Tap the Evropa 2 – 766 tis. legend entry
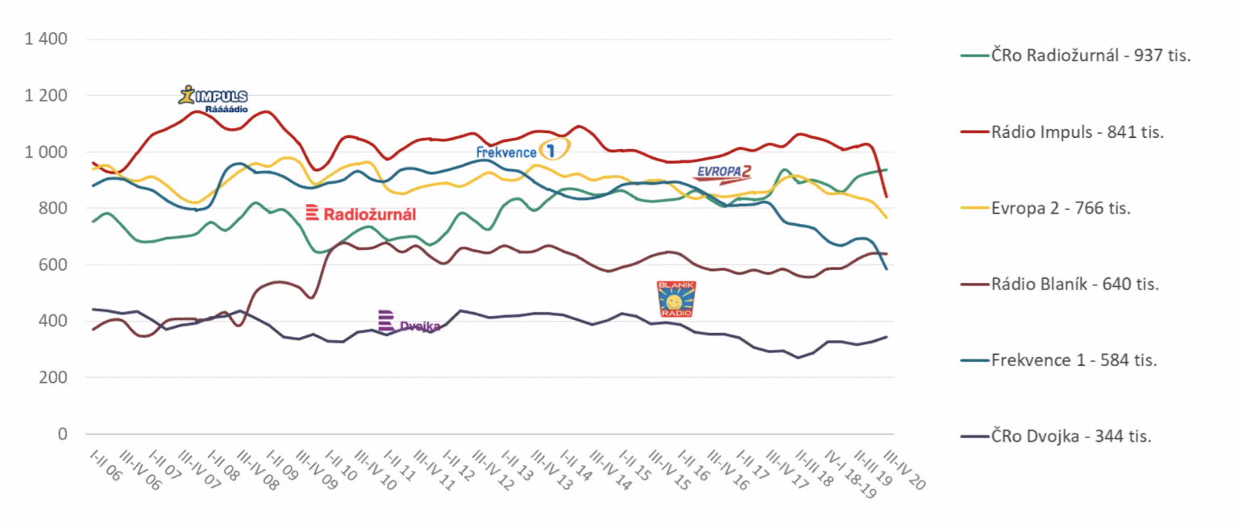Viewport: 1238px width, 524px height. pos(1061,208)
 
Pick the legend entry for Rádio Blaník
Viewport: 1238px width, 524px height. pos(1075,284)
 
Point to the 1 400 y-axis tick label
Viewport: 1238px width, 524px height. pos(48,40)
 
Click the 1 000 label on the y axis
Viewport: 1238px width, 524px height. pos(48,152)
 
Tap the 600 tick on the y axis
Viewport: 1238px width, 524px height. pos(55,265)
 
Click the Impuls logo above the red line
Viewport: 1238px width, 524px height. pos(213,98)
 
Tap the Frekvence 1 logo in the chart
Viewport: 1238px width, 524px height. pos(522,151)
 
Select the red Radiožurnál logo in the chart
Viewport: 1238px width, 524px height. pos(361,214)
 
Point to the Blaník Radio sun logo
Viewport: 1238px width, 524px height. pos(676,298)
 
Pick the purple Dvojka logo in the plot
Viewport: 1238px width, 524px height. pos(409,322)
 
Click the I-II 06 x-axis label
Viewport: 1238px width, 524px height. pos(104,467)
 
